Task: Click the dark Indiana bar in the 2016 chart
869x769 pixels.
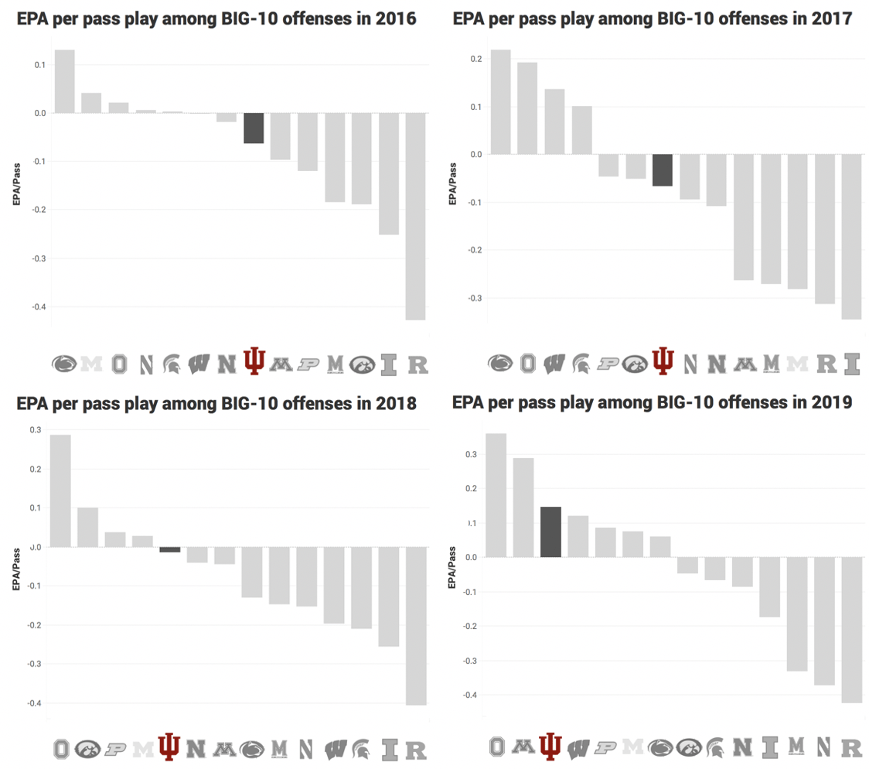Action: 254,128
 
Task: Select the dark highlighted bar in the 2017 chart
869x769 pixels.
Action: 663,170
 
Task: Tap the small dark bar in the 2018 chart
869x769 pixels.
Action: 170,549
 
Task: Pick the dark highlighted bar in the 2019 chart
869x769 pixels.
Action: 550,532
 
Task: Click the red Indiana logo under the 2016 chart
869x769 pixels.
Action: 254,361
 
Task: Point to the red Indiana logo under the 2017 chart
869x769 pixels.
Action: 663,361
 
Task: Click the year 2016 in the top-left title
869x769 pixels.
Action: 397,19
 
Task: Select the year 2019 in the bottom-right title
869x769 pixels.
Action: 833,402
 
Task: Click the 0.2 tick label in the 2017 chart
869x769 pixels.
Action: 475,59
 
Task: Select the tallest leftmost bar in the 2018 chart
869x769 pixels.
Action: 60,490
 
